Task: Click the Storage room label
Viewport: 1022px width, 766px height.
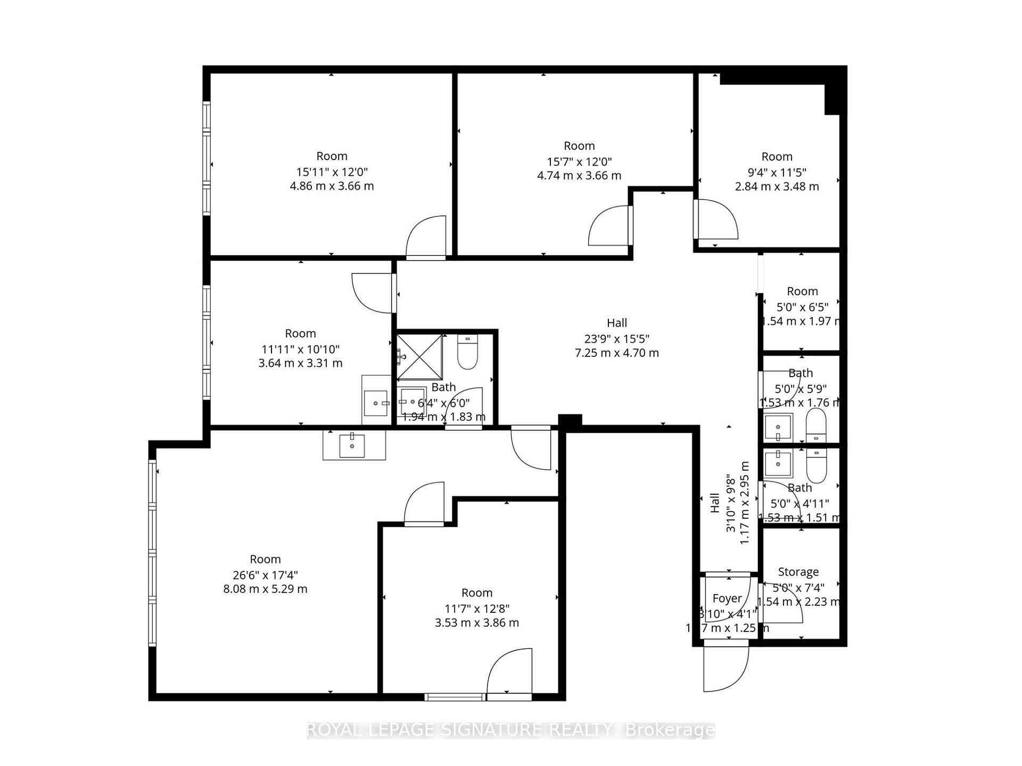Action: click(798, 572)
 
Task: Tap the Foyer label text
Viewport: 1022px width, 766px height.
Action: click(727, 598)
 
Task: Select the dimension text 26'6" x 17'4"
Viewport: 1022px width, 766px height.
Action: click(265, 575)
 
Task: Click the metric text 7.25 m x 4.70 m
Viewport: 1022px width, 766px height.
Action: click(617, 353)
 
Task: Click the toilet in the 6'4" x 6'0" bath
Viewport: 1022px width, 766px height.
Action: click(468, 354)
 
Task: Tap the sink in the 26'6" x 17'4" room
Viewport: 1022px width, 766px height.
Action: click(352, 445)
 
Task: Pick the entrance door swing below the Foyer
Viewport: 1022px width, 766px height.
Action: click(725, 669)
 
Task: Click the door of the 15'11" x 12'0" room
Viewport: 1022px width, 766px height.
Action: click(426, 238)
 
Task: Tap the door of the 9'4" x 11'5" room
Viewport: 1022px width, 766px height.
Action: click(716, 219)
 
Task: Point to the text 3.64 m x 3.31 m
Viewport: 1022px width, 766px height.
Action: click(300, 363)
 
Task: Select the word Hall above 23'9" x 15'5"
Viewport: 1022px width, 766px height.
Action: click(617, 323)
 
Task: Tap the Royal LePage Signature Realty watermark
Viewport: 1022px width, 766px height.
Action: click(510, 730)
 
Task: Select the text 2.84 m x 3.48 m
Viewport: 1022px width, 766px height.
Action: click(777, 187)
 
